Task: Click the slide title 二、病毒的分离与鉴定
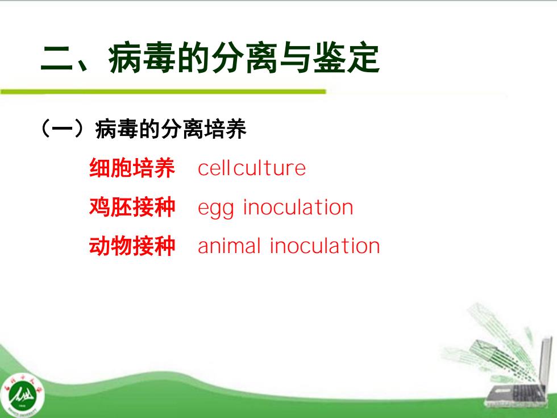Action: click(x=210, y=58)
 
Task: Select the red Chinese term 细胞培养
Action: click(x=132, y=168)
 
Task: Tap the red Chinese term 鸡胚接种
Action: click(x=132, y=207)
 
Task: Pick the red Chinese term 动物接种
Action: click(x=132, y=246)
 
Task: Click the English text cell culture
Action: click(x=251, y=168)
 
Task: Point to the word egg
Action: click(x=215, y=209)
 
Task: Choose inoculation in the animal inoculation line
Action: click(x=325, y=246)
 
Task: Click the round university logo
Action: click(x=22, y=395)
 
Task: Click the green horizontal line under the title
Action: click(x=163, y=92)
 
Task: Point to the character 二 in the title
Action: click(x=57, y=59)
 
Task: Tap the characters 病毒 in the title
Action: click(x=143, y=58)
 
